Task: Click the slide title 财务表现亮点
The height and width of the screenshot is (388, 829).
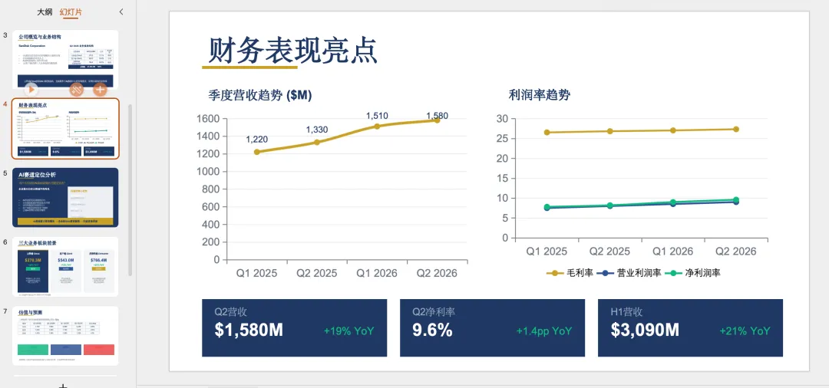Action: pyautogui.click(x=292, y=51)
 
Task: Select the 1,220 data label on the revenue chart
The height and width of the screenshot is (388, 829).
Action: pyautogui.click(x=257, y=139)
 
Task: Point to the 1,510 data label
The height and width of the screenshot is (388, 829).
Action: pyautogui.click(x=377, y=116)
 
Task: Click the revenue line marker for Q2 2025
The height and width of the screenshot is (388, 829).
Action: pyautogui.click(x=317, y=142)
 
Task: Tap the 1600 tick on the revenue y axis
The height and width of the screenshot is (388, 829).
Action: pyautogui.click(x=208, y=119)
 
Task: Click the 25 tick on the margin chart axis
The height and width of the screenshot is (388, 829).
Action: pyautogui.click(x=503, y=138)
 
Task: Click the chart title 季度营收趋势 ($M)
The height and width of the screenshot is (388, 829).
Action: pyautogui.click(x=260, y=95)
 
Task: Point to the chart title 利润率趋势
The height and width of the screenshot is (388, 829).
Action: pyautogui.click(x=539, y=95)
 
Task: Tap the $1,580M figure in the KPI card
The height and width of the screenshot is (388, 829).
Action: pyautogui.click(x=249, y=330)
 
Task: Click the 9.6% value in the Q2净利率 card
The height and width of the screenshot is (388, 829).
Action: pyautogui.click(x=432, y=330)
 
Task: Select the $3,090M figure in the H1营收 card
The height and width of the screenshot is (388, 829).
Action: pyautogui.click(x=645, y=330)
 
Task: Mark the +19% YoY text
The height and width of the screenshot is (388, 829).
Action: pyautogui.click(x=348, y=331)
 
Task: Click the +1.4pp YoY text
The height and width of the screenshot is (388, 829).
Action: pyautogui.click(x=544, y=331)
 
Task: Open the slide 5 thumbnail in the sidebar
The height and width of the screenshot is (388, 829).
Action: pyautogui.click(x=65, y=197)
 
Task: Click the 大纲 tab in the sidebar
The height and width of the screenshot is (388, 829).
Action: pyautogui.click(x=45, y=12)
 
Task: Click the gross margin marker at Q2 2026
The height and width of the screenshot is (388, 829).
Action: pyautogui.click(x=736, y=129)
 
